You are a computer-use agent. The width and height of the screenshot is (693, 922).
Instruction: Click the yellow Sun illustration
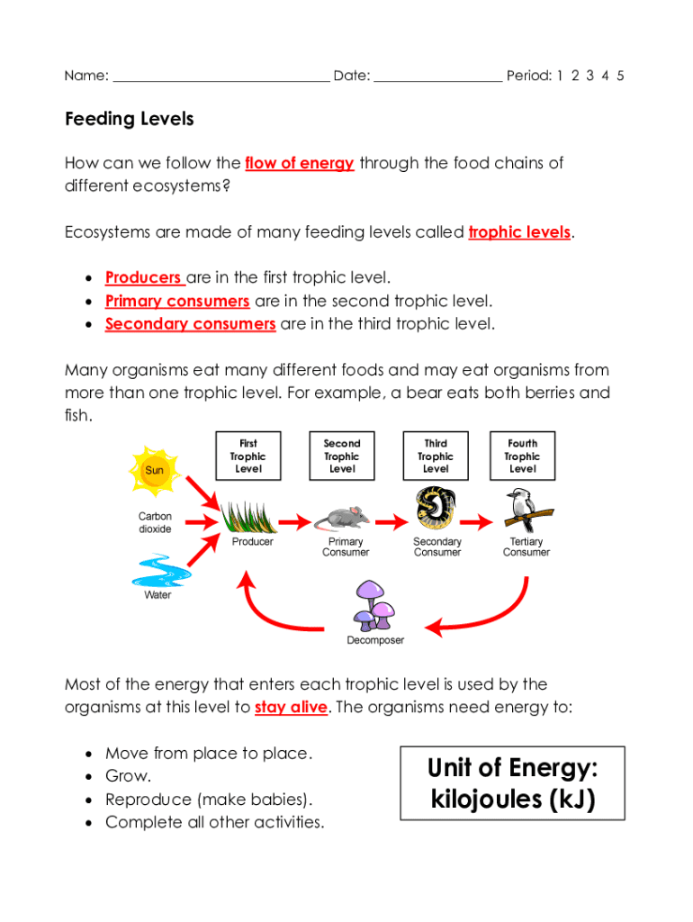(x=155, y=470)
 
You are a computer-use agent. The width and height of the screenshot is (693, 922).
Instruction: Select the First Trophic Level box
(x=248, y=456)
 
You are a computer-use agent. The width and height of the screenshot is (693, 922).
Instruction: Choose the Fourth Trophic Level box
(x=522, y=456)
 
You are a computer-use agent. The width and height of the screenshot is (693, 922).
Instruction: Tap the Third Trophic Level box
(x=436, y=456)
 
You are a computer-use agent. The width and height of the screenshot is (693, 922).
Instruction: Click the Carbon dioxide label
(x=155, y=523)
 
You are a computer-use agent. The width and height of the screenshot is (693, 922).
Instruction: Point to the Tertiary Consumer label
(x=526, y=547)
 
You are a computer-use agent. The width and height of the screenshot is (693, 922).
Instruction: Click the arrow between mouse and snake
(x=390, y=520)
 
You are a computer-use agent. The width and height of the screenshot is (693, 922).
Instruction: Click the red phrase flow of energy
(x=299, y=164)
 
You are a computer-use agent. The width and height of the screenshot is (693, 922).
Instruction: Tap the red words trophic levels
(x=519, y=232)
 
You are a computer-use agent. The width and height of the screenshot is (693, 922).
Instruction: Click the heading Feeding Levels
(x=130, y=119)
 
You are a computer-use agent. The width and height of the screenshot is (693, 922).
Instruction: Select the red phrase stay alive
(x=291, y=708)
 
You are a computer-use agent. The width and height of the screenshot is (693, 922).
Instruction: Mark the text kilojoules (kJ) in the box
(x=512, y=800)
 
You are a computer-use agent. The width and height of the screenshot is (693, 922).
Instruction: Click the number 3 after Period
(x=589, y=76)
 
